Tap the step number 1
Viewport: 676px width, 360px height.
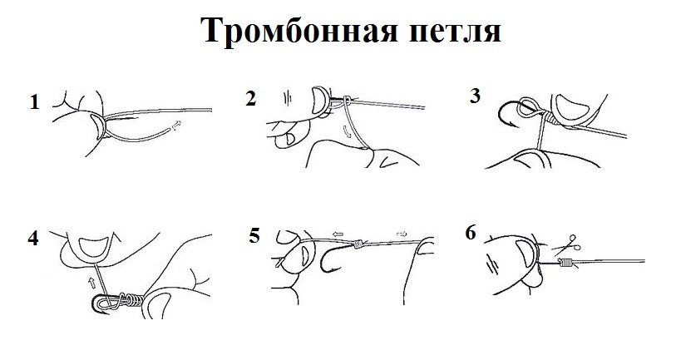coord(34,103)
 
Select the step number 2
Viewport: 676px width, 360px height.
coord(250,100)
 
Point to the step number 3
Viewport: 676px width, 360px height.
coord(474,96)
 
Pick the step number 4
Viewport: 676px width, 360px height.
coord(32,239)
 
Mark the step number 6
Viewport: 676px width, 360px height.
coord(471,234)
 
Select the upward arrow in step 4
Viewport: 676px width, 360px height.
coord(91,282)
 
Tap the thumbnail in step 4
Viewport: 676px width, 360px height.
coord(88,246)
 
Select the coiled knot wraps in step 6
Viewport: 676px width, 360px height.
coord(566,264)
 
